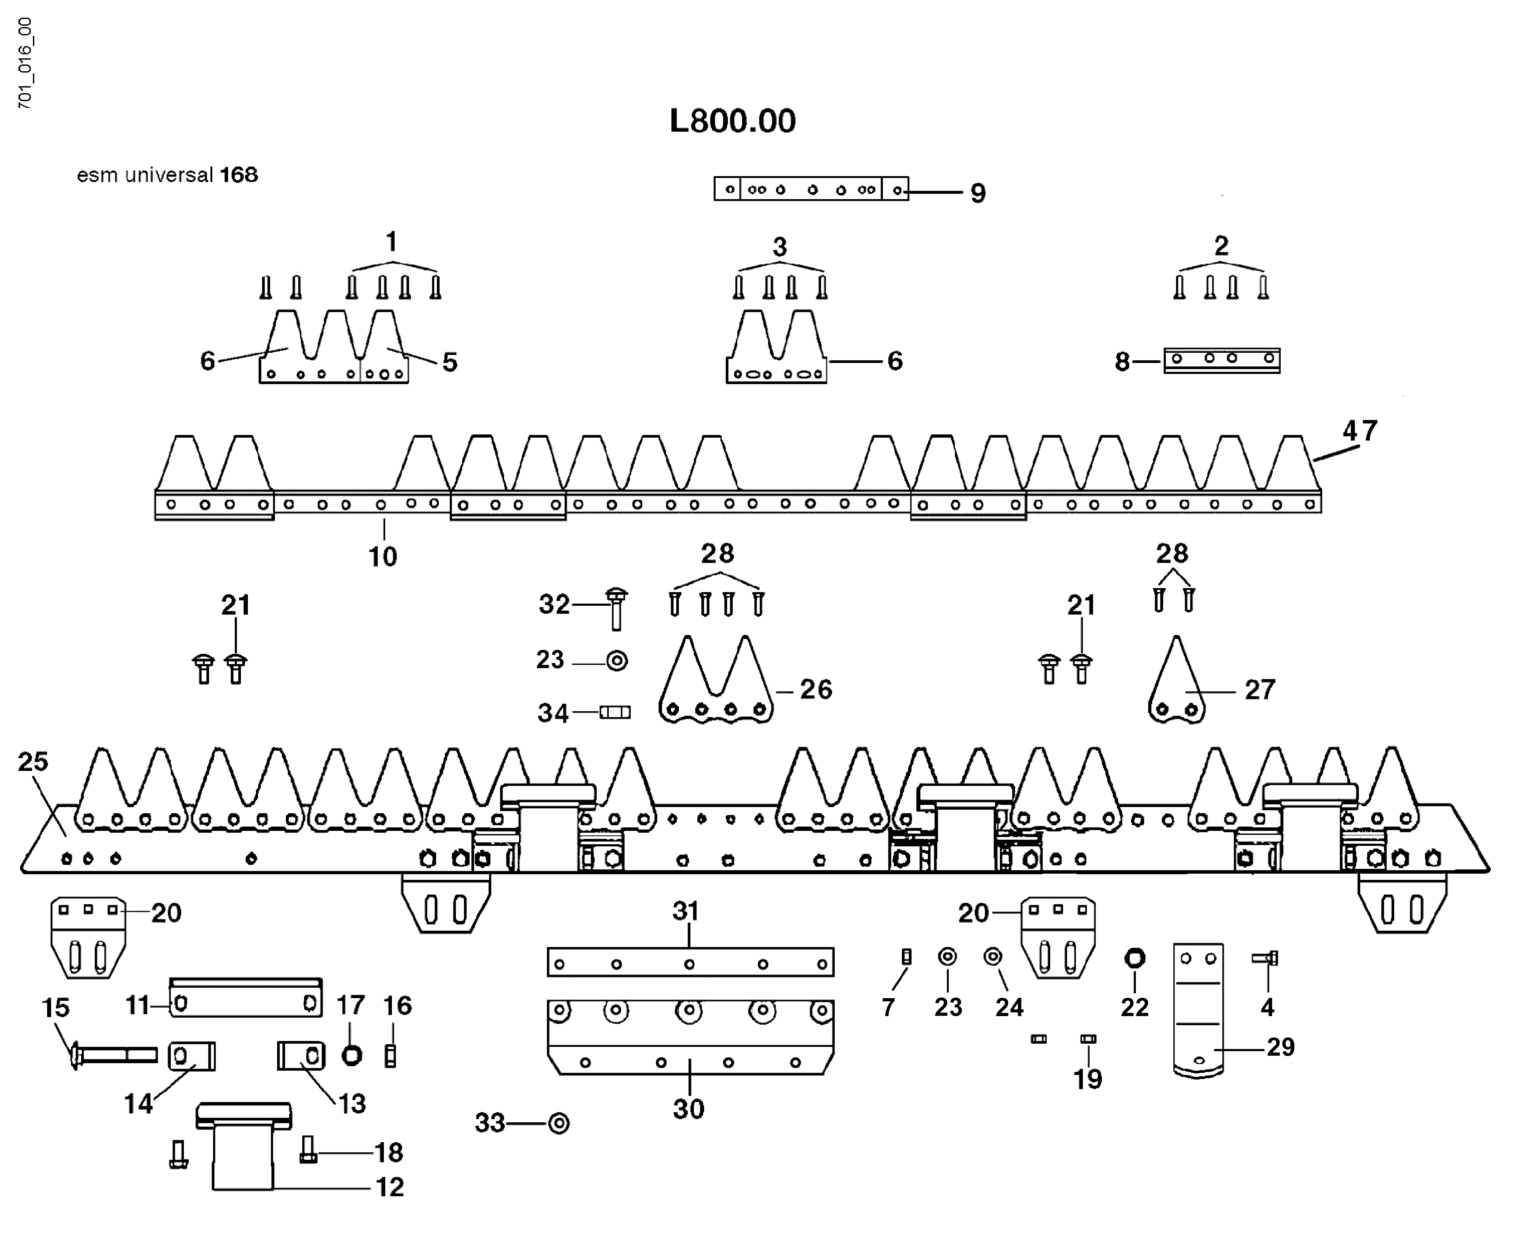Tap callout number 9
977,193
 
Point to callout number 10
383,556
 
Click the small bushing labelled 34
615,713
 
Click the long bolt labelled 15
115,1055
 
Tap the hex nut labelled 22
1135,958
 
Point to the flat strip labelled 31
690,962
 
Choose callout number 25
33,761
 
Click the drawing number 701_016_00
25,63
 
